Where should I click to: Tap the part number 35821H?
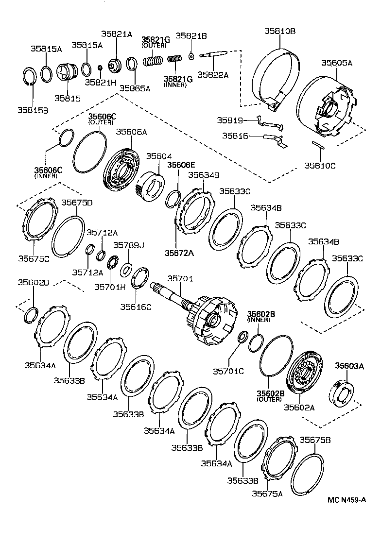(101, 82)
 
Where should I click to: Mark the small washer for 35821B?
(191, 56)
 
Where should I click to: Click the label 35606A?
(131, 132)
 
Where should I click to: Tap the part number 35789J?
(129, 245)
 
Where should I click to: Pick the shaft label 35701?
(180, 279)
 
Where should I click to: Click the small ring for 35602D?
(31, 315)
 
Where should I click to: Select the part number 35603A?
(349, 367)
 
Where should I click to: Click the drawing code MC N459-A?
(346, 500)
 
